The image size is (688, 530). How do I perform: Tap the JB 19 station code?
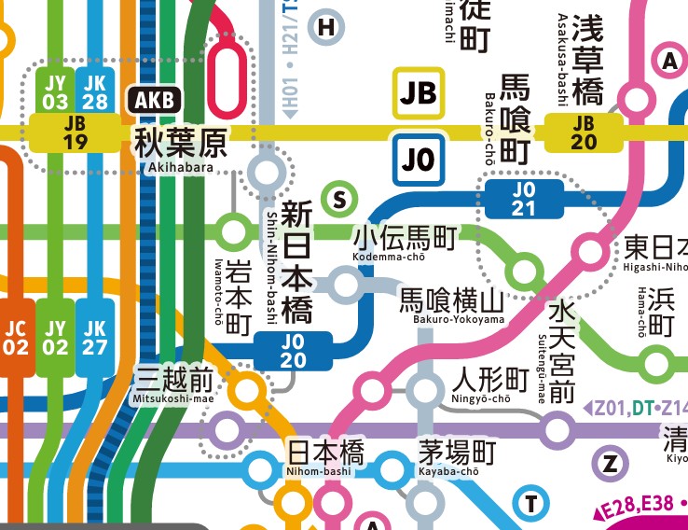(x=76, y=132)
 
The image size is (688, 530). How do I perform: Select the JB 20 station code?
(x=584, y=132)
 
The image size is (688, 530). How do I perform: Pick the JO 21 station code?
(x=524, y=198)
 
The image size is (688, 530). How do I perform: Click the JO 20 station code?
(x=293, y=351)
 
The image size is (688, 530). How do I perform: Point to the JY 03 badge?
(x=56, y=91)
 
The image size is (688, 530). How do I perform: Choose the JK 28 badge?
(x=95, y=91)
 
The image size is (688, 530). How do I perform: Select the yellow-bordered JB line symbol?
(x=420, y=92)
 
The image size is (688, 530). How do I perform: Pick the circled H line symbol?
(x=325, y=28)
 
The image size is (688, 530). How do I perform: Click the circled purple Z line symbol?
(x=611, y=464)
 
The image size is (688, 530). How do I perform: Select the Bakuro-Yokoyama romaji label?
(x=458, y=320)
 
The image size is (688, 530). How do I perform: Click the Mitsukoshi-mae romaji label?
(x=173, y=398)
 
